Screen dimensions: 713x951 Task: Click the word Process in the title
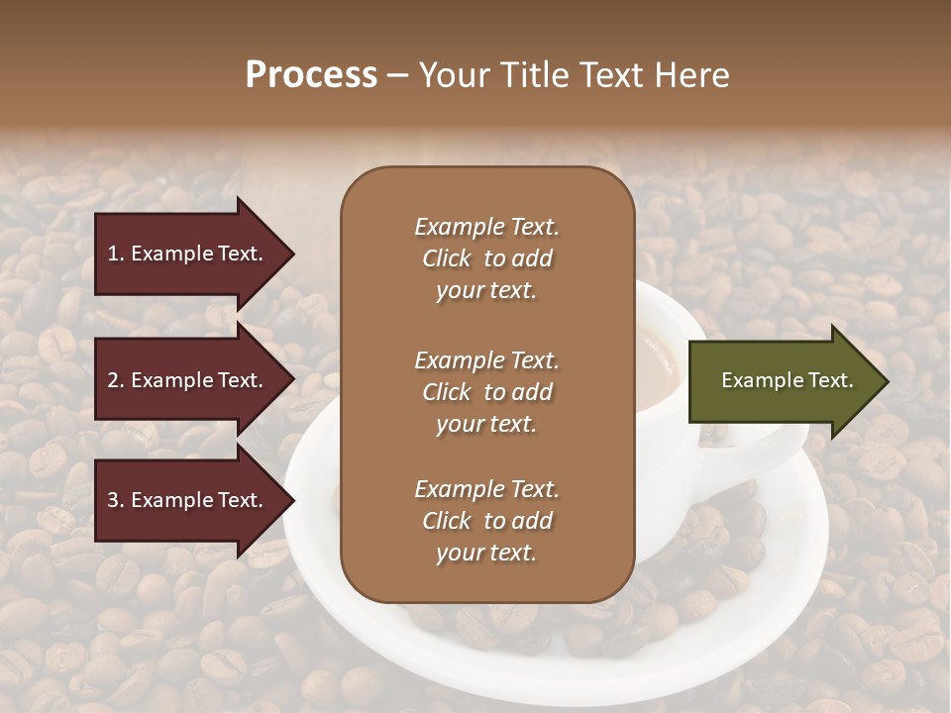[x=311, y=75]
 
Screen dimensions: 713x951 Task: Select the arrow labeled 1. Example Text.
[x=188, y=254]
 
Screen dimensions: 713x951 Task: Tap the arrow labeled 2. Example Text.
[x=188, y=380]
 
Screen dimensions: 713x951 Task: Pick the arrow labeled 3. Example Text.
[x=188, y=500]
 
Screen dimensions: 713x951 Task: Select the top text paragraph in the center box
[x=486, y=258]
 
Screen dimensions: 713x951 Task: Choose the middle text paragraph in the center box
[x=486, y=392]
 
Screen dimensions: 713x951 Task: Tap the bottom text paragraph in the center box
[x=486, y=521]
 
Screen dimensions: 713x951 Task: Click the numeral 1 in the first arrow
[x=113, y=254]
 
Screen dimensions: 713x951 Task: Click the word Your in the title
[x=451, y=75]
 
